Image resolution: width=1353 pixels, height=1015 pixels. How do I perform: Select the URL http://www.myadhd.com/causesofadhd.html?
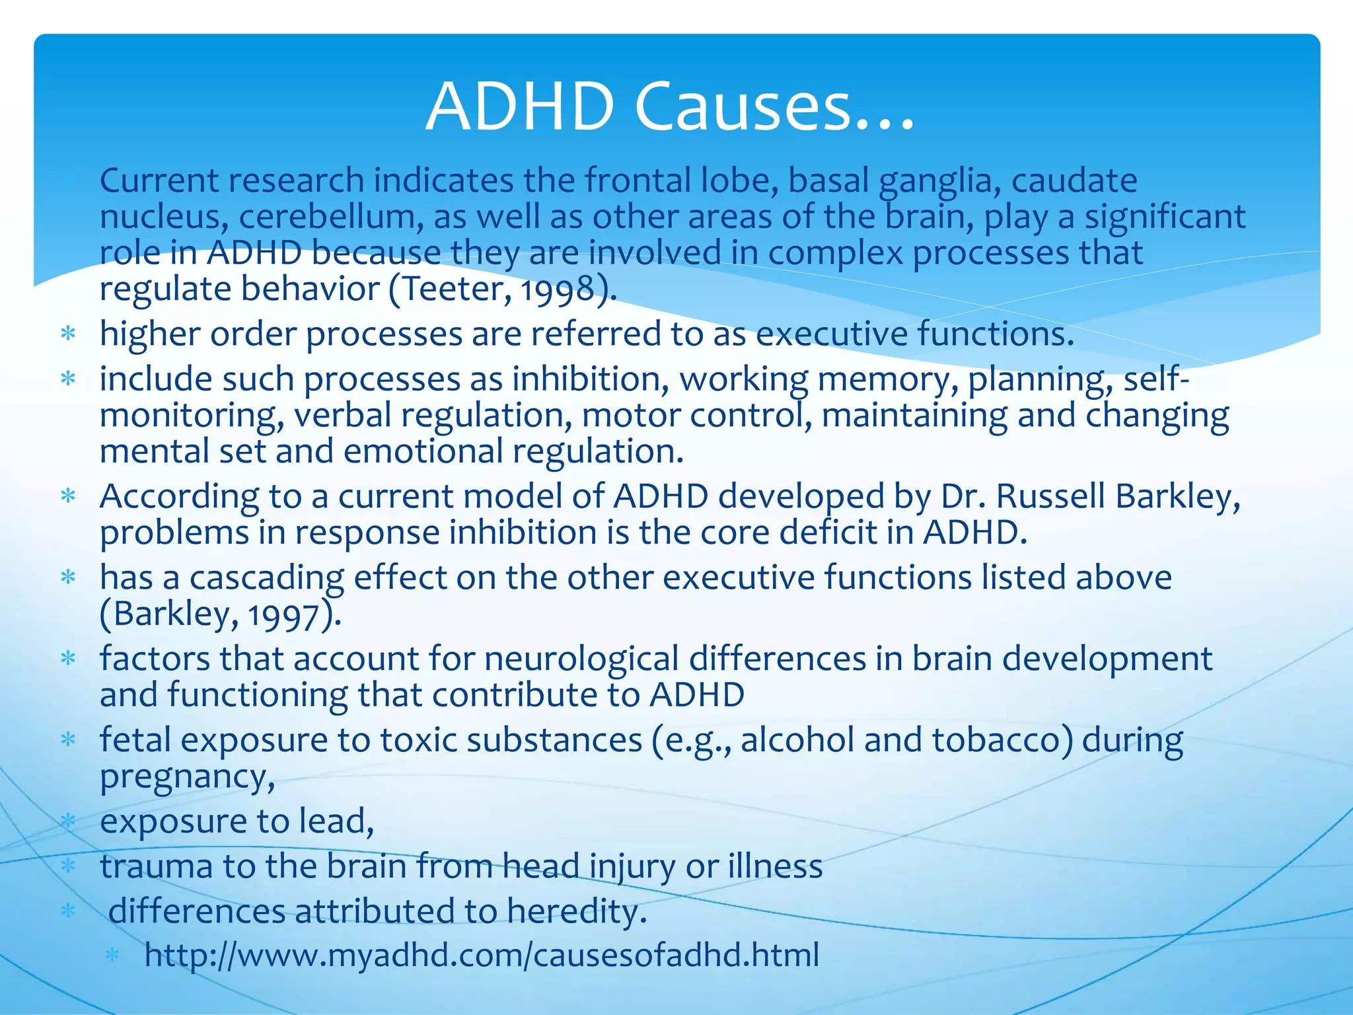[x=482, y=955]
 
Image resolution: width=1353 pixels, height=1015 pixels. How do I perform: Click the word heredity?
[x=576, y=912]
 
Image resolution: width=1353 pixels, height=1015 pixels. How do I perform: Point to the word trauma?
[x=156, y=866]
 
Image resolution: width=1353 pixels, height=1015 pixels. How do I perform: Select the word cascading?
[x=266, y=578]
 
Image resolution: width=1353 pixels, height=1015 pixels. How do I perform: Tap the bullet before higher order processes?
[x=68, y=334]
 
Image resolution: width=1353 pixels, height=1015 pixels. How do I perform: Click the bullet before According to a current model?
[x=68, y=496]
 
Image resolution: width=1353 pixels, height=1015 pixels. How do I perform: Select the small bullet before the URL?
[x=113, y=956]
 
